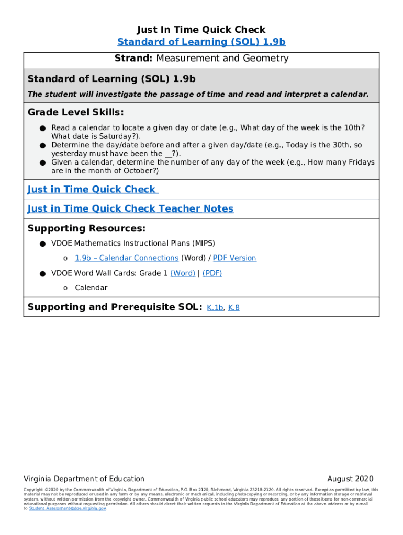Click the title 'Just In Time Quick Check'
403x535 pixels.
201,30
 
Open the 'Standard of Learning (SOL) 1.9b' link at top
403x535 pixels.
201,42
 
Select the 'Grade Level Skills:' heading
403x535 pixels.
75,112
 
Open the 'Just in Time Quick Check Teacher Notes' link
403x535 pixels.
130,208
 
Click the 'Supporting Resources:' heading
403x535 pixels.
86,228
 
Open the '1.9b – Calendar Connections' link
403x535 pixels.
127,258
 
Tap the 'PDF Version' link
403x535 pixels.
234,258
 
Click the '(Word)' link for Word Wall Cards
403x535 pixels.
183,273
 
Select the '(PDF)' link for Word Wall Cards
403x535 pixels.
212,273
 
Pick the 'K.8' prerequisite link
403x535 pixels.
234,308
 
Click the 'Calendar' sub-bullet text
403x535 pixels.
91,288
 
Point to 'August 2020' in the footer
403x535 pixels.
350,479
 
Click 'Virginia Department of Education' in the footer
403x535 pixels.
84,479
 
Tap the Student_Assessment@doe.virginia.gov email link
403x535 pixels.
68,508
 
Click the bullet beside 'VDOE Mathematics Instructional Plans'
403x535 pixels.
41,243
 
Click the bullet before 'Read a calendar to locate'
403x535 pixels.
41,128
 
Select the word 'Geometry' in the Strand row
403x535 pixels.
265,59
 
